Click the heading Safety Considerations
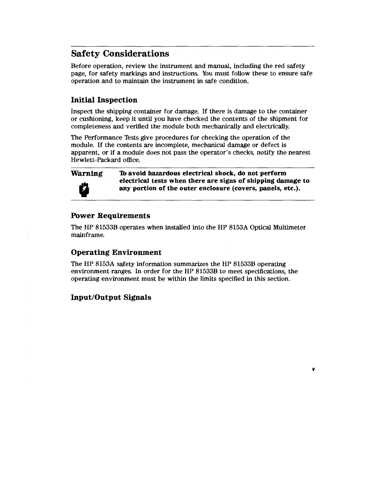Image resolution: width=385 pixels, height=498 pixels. point(120,54)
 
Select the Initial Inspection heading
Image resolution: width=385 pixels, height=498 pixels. point(104,100)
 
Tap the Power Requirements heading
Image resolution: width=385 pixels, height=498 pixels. point(111,216)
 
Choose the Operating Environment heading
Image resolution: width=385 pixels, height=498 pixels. point(116,252)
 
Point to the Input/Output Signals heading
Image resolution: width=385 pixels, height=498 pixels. point(111,297)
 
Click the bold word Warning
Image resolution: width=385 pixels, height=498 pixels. point(87,173)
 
